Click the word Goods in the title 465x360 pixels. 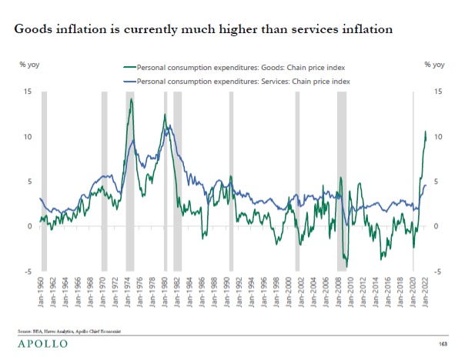[35, 30]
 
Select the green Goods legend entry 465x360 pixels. [231, 67]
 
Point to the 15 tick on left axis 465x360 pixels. [28, 92]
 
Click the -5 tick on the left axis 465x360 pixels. [28, 272]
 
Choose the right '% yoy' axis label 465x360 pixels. [434, 65]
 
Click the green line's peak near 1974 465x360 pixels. [132, 99]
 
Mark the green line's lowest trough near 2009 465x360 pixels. [346, 267]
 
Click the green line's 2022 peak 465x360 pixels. [426, 132]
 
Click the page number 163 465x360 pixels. [443, 343]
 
